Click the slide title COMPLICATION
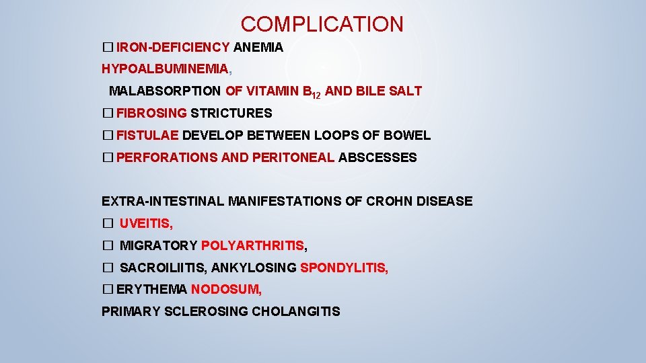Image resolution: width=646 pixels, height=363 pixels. (322, 25)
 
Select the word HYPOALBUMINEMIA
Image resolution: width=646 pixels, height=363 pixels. (165, 69)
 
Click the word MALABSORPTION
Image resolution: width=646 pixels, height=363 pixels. (164, 91)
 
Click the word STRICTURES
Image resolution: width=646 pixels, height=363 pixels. (231, 113)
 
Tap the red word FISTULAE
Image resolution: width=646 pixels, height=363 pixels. (147, 135)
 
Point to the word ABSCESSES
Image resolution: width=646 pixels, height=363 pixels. (377, 158)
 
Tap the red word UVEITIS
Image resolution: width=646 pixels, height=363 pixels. (146, 224)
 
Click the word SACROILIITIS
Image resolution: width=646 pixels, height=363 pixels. (163, 268)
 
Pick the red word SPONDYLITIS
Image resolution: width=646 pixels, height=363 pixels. (343, 268)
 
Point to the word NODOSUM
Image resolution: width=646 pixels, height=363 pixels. (225, 290)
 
